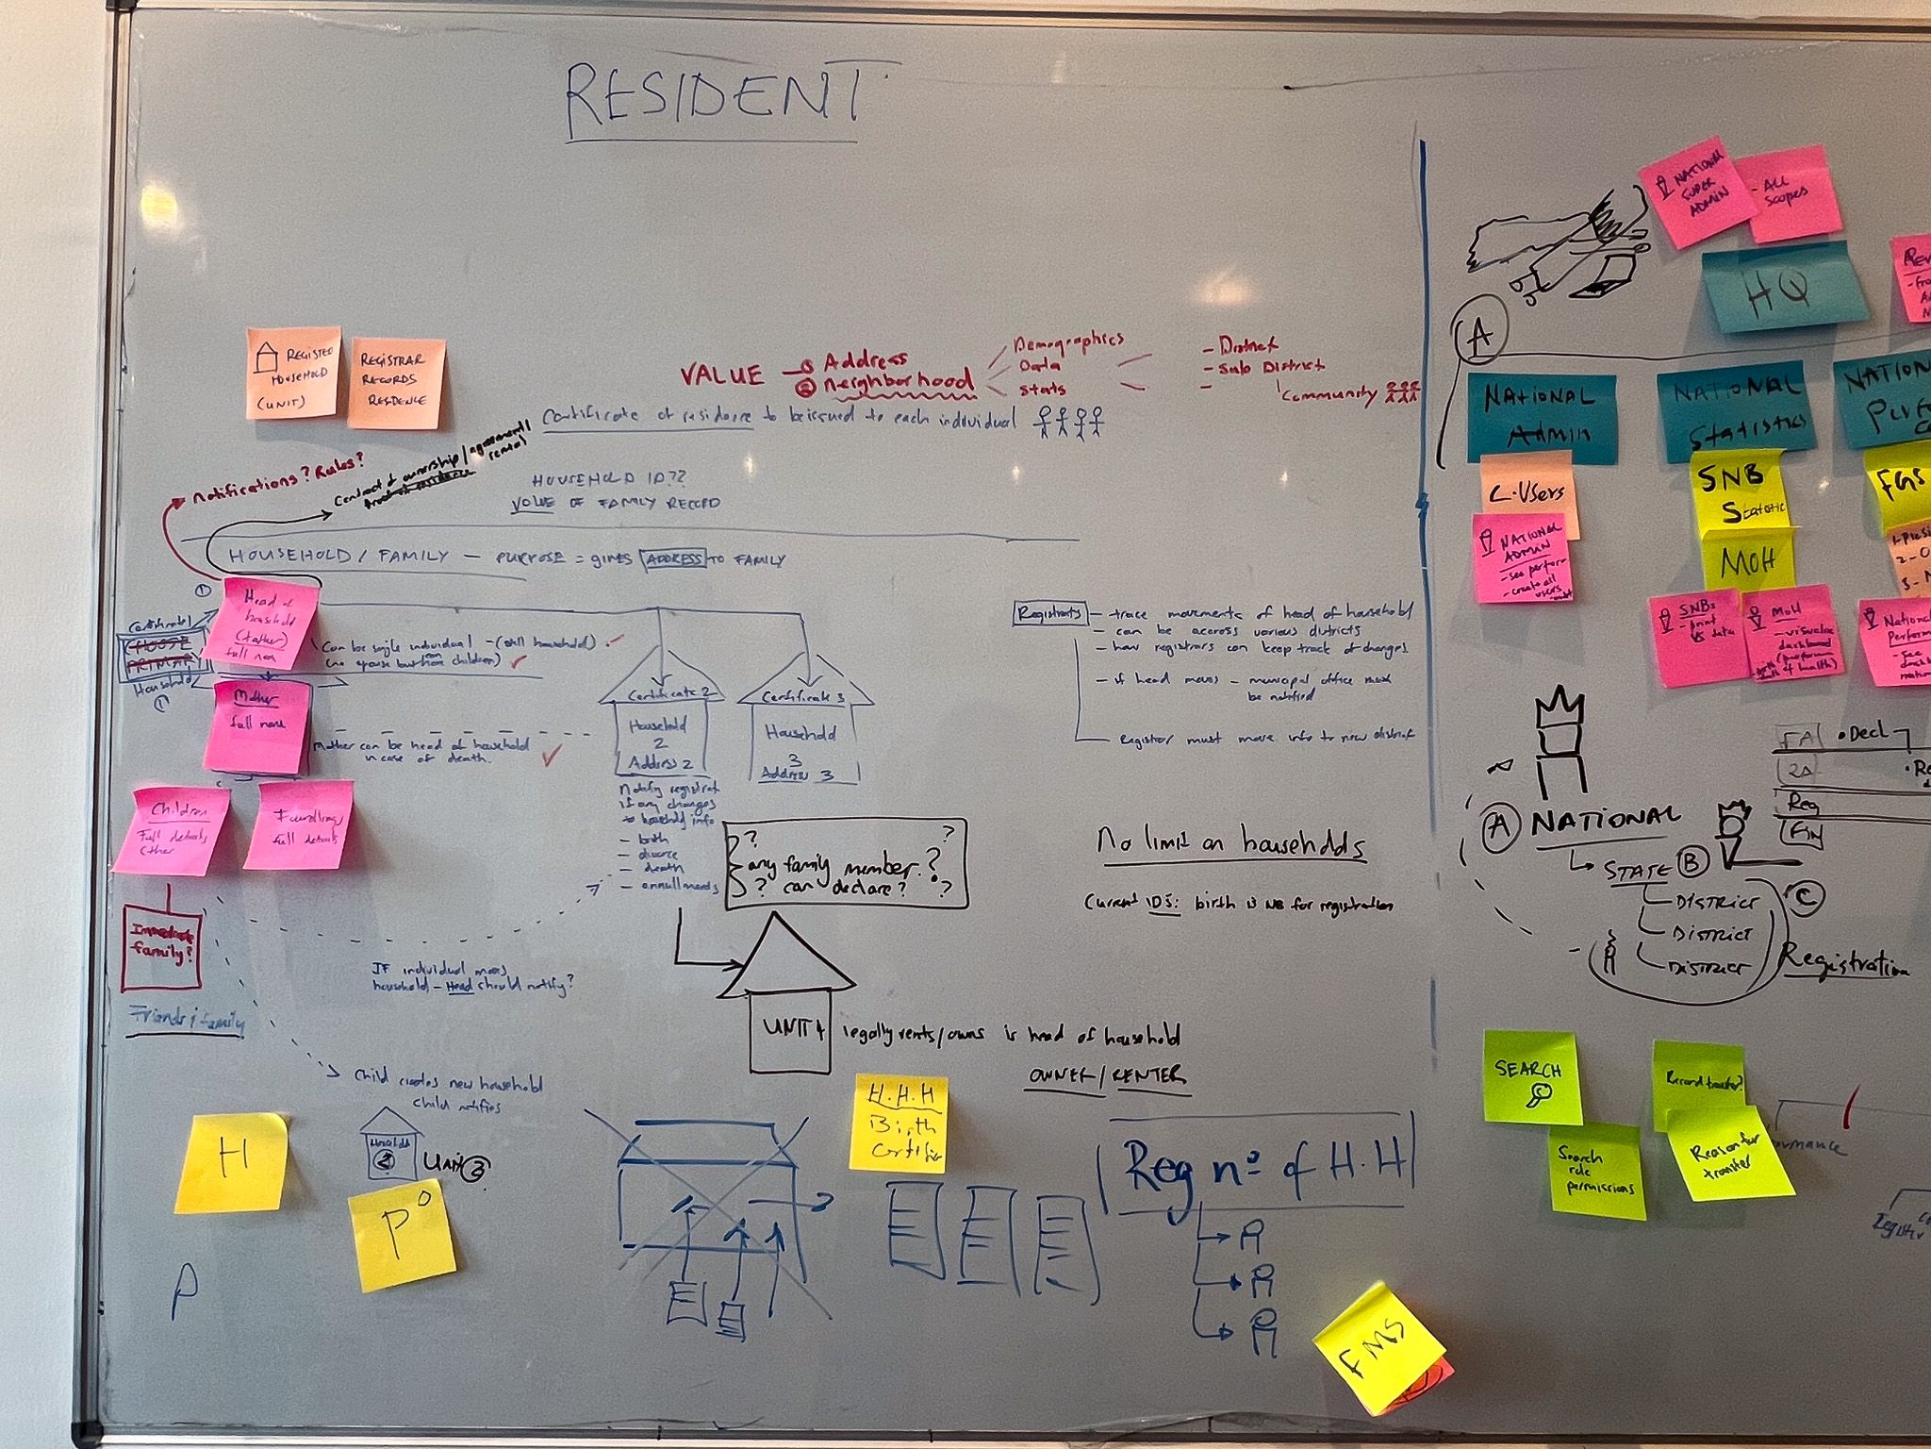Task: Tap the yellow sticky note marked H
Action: click(x=232, y=1162)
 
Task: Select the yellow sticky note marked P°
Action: click(x=402, y=1238)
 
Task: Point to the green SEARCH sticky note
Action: click(x=1531, y=1077)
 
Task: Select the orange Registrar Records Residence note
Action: click(x=395, y=383)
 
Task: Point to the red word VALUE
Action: click(x=722, y=375)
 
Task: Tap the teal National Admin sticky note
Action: click(x=1543, y=415)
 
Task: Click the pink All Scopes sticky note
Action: click(x=1786, y=193)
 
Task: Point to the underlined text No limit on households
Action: click(x=1231, y=842)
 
